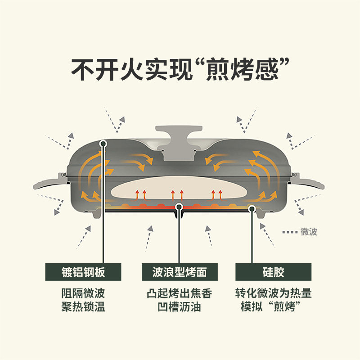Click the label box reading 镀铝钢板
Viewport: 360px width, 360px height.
pyautogui.click(x=83, y=272)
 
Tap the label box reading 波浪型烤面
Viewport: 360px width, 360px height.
pyautogui.click(x=180, y=272)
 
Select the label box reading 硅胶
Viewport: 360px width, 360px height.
pyautogui.click(x=273, y=272)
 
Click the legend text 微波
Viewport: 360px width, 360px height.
pyautogui.click(x=309, y=232)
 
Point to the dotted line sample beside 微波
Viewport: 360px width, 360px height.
pyautogui.click(x=290, y=232)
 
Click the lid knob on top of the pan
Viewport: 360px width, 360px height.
pyautogui.click(x=179, y=142)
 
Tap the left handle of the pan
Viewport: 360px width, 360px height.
pyautogui.click(x=50, y=182)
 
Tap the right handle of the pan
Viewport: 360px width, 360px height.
pyautogui.click(x=308, y=182)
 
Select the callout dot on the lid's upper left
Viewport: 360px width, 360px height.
pyautogui.click(x=103, y=144)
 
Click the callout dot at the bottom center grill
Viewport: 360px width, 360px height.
pyautogui.click(x=179, y=207)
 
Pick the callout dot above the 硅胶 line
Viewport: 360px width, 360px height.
pyautogui.click(x=252, y=209)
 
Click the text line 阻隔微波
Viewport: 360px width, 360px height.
pyautogui.click(x=83, y=293)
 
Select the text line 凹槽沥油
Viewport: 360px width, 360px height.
pyautogui.click(x=179, y=307)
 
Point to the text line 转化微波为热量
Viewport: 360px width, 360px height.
pyautogui.click(x=273, y=293)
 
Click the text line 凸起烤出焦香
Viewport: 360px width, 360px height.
pyautogui.click(x=179, y=293)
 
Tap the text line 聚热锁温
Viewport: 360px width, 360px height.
pyautogui.click(x=83, y=307)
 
